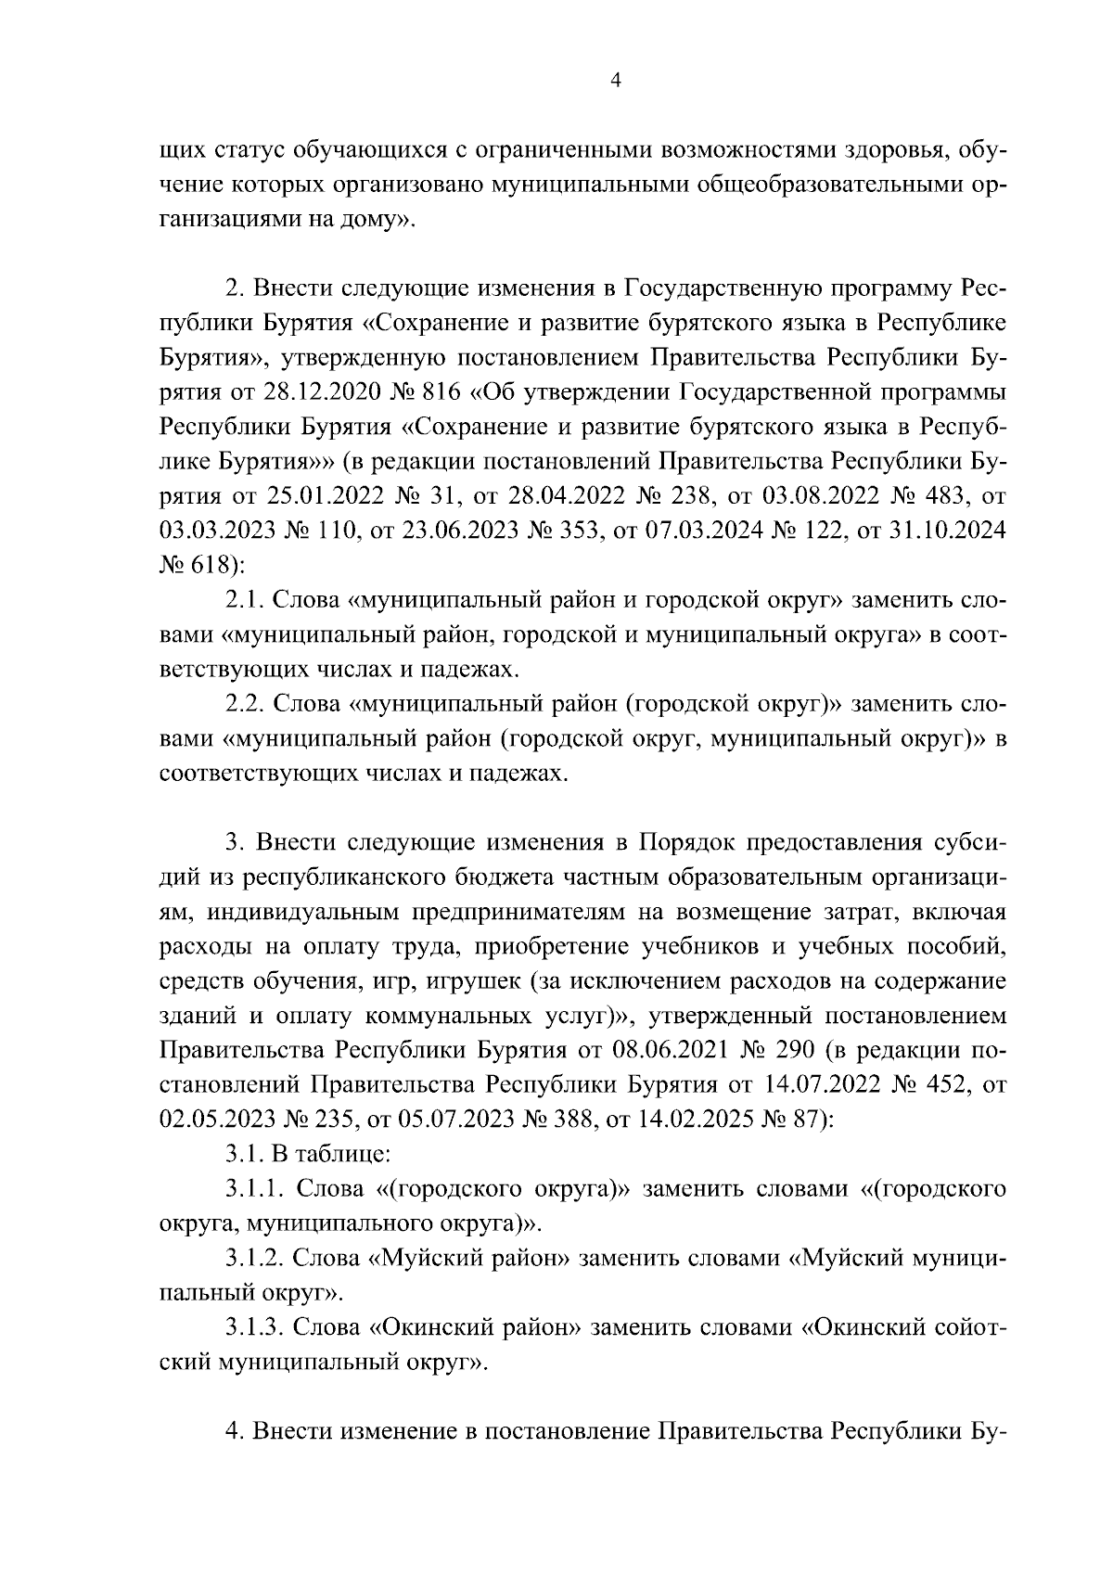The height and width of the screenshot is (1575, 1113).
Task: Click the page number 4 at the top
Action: [615, 81]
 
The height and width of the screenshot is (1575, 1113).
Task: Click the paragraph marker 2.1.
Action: [244, 599]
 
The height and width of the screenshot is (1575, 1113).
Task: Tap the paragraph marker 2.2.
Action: [244, 703]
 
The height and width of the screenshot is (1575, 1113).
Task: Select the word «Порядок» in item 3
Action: [682, 842]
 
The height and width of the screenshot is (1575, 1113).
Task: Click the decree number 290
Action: [796, 1051]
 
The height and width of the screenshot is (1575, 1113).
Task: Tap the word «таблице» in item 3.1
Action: [341, 1155]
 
